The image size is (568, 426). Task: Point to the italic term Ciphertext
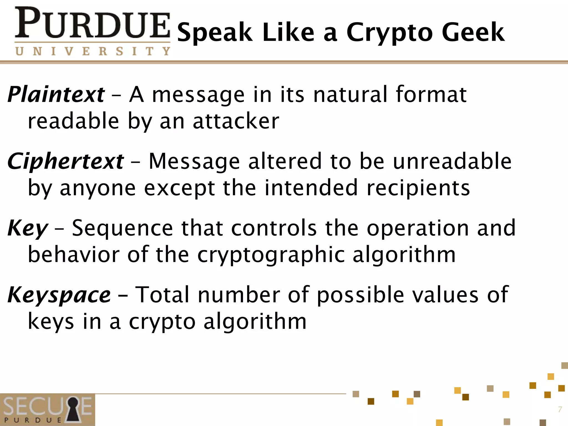65,161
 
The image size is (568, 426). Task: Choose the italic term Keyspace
59,295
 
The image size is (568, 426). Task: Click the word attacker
236,121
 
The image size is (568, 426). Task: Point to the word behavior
73,255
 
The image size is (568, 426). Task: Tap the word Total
162,295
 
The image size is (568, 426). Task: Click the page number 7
560,409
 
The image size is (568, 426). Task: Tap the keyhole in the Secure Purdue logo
73,409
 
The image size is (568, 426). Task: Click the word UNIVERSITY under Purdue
92,51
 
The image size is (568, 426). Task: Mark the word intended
311,188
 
